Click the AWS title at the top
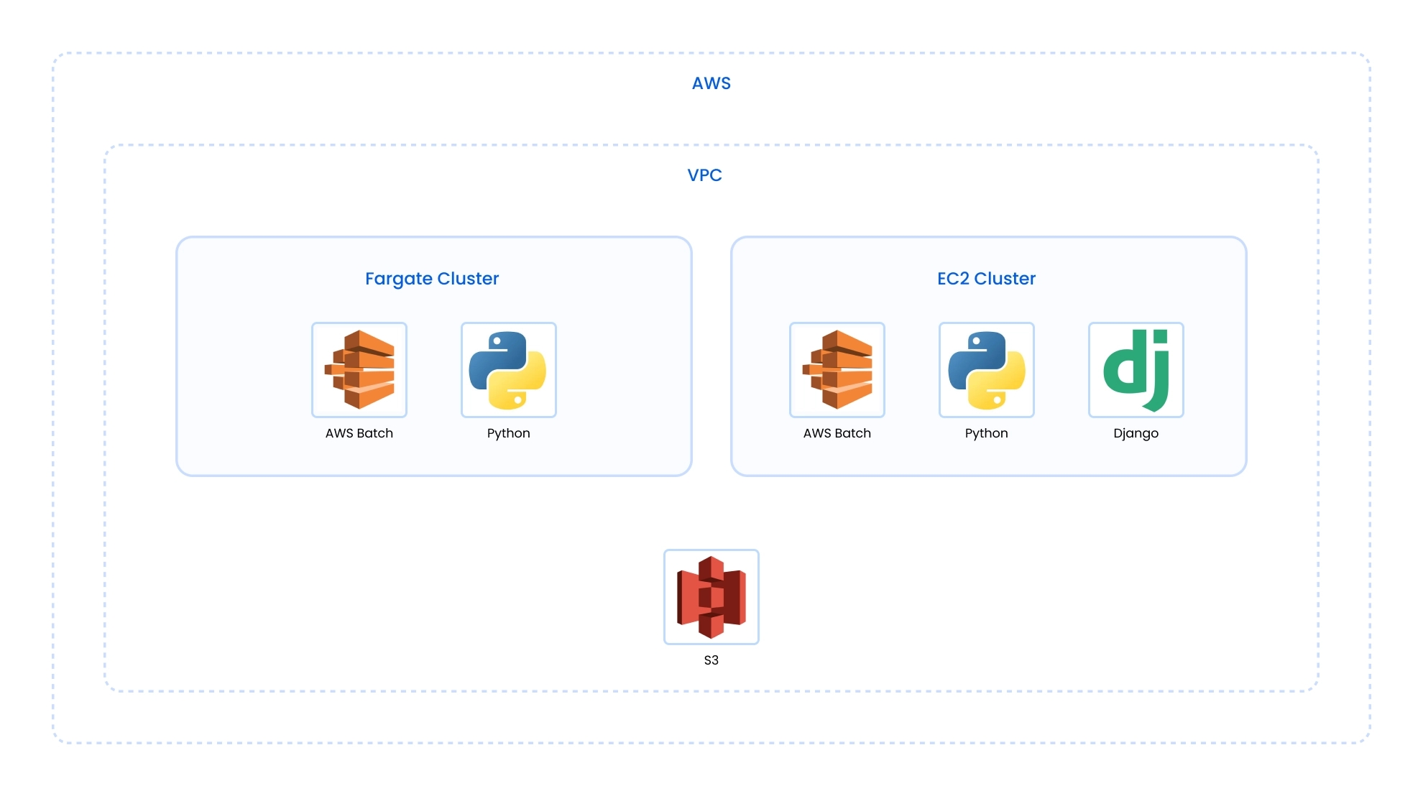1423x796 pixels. point(711,83)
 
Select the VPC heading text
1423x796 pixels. point(704,175)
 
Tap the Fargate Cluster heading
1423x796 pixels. point(431,279)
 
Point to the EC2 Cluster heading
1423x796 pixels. point(986,279)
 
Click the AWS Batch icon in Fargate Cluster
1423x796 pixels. point(359,370)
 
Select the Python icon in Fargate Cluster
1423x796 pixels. point(509,370)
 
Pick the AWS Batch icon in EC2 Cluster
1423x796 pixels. point(837,370)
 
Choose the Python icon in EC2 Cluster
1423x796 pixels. point(987,370)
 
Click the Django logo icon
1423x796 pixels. point(1136,370)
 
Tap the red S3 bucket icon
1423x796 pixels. point(711,597)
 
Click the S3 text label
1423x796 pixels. point(711,660)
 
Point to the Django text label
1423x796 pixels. point(1136,433)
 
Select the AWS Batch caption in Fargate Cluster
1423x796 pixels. point(359,433)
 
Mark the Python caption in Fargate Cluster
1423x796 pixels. point(509,433)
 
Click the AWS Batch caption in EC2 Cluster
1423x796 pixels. point(837,433)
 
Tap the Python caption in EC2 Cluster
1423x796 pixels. point(987,433)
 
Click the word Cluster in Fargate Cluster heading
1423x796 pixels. point(468,279)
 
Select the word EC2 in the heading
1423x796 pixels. point(953,279)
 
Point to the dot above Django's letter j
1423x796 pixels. point(1161,336)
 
